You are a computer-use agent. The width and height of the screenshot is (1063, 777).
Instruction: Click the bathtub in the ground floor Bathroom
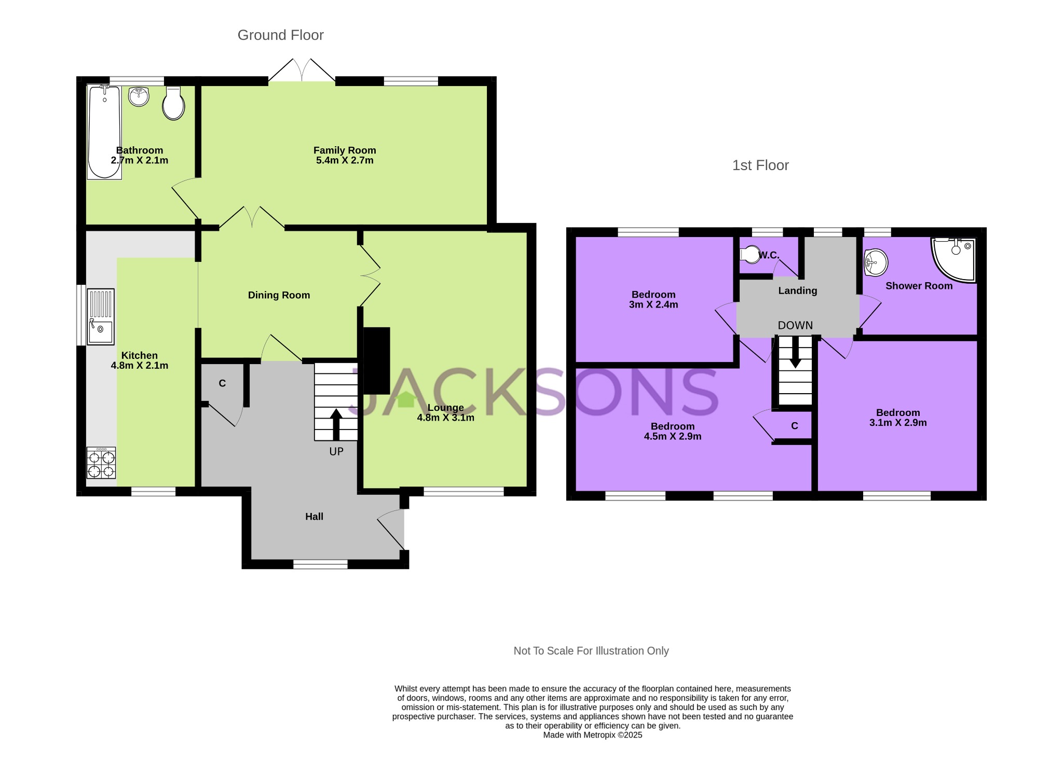tap(104, 132)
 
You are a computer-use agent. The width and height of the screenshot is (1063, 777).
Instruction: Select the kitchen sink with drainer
tap(100, 316)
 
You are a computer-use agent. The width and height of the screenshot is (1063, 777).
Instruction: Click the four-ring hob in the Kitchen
tap(101, 463)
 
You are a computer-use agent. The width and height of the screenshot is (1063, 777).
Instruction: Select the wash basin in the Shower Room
tap(876, 262)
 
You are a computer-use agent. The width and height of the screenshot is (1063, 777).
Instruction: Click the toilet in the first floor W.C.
tap(749, 255)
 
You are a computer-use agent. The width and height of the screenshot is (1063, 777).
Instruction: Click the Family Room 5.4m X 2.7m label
tap(345, 155)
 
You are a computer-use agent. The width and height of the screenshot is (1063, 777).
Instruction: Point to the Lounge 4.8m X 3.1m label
tap(445, 413)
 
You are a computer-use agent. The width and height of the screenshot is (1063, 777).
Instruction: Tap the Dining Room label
tap(279, 295)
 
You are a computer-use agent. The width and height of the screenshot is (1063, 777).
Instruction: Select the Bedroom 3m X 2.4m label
tap(653, 299)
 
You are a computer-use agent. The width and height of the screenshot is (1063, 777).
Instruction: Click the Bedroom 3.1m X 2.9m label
tap(898, 418)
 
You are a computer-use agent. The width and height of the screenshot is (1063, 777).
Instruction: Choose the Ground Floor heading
tap(280, 35)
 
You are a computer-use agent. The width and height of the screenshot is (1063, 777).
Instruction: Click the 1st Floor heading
tap(760, 165)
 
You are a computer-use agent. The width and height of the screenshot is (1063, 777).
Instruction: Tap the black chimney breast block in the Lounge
tap(376, 360)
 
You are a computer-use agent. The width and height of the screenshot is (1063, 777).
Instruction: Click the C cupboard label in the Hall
tap(222, 383)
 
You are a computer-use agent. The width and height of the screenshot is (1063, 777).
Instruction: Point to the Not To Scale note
tap(591, 650)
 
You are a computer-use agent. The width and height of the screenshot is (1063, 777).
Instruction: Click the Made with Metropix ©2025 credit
tap(592, 735)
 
